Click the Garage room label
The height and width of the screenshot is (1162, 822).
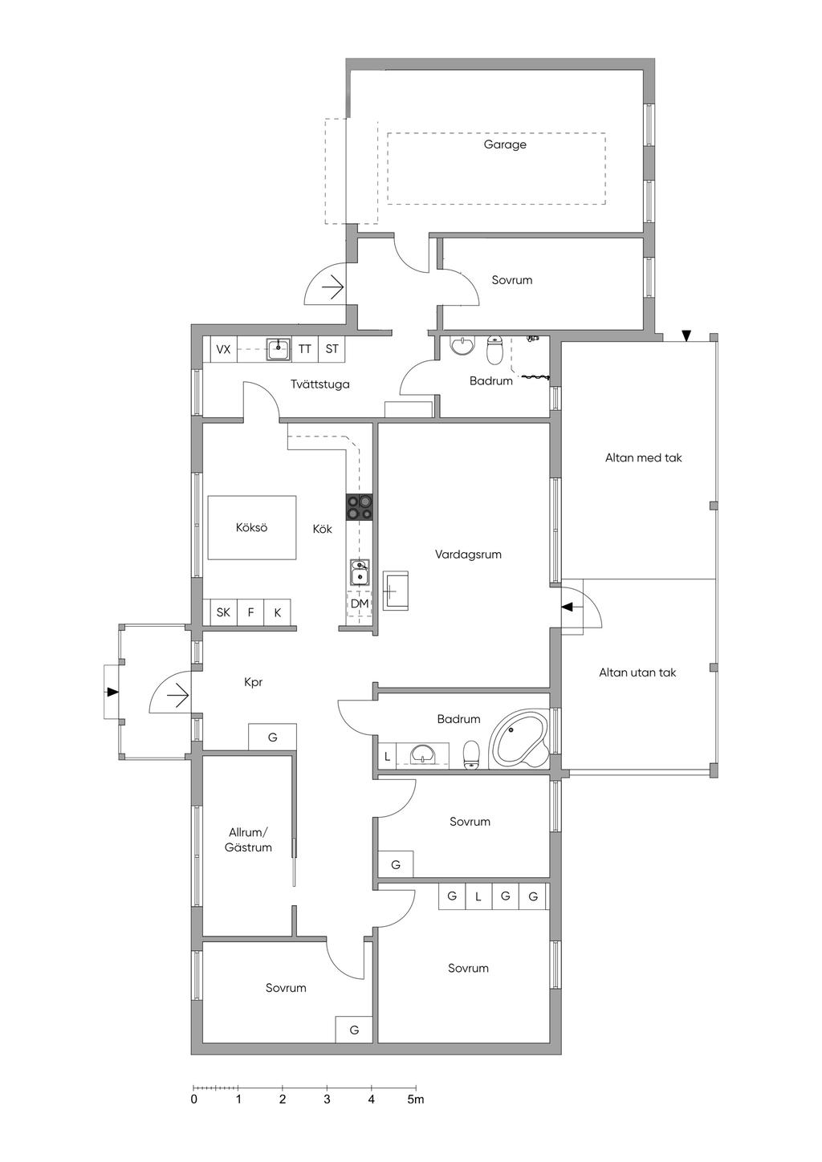coord(505,144)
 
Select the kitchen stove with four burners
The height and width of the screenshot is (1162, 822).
coord(360,507)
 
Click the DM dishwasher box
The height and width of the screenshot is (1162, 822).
coord(360,603)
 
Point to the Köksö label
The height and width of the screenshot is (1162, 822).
coord(251,527)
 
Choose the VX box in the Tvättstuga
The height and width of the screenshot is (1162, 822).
coord(223,349)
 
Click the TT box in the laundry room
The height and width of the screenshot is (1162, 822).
coord(305,349)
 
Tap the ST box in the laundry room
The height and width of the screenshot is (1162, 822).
coord(332,349)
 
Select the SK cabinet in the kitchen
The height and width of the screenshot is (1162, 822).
coord(223,612)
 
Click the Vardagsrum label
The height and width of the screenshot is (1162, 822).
coord(468,554)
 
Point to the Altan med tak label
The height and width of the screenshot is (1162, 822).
coord(643,457)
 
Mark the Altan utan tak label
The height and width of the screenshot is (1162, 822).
coord(637,672)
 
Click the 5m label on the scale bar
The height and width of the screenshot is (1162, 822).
coord(416,1099)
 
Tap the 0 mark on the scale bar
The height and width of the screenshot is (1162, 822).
coord(193,1099)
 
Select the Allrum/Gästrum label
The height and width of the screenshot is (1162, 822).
coord(249,839)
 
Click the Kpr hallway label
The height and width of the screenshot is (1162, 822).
coord(253,682)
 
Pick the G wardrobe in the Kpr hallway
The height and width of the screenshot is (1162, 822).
coord(272,737)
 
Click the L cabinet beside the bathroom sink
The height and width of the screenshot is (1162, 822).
coord(388,756)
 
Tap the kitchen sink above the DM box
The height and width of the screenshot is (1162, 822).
coord(360,571)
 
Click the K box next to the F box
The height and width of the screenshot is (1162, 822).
coord(278,612)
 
